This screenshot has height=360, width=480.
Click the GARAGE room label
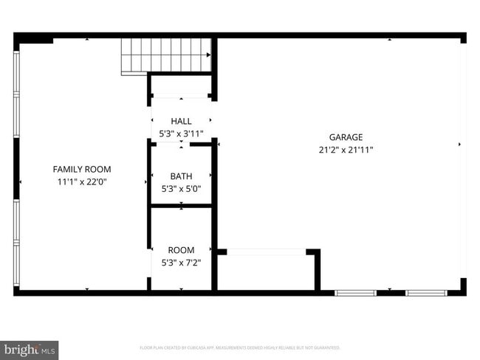(346, 137)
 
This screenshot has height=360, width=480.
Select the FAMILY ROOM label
(82, 169)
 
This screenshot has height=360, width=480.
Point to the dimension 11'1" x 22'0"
(82, 181)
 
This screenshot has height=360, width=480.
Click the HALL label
(181, 121)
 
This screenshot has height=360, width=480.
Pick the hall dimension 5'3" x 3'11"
(181, 134)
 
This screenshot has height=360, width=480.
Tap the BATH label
(181, 176)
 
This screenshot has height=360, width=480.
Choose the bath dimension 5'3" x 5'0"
(181, 188)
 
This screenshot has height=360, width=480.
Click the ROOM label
(181, 250)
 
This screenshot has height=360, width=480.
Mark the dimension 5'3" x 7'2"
(181, 262)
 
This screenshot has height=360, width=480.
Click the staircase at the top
(167, 55)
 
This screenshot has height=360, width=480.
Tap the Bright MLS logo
(30, 349)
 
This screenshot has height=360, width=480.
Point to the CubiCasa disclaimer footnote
(240, 347)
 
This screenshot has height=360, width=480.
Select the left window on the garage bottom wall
(355, 293)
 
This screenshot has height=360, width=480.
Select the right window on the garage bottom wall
(427, 293)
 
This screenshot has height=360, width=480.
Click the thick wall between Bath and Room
(181, 206)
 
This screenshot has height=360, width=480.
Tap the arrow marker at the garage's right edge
(459, 145)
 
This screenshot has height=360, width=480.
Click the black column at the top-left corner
(33, 38)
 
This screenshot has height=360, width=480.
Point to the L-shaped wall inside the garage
(318, 269)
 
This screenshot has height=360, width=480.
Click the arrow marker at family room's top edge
(87, 39)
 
